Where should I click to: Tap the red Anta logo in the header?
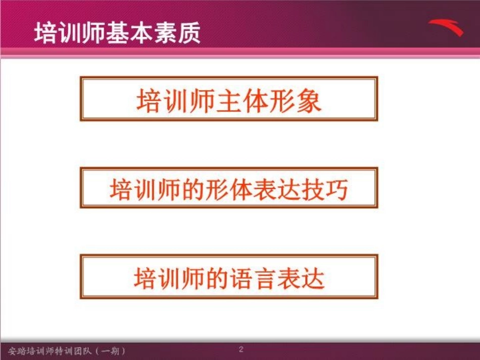pos(446,27)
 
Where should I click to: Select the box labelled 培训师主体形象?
pos(229,99)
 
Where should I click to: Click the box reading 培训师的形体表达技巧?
pos(229,189)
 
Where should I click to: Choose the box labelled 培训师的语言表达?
pos(229,277)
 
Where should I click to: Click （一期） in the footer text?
pos(109,350)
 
